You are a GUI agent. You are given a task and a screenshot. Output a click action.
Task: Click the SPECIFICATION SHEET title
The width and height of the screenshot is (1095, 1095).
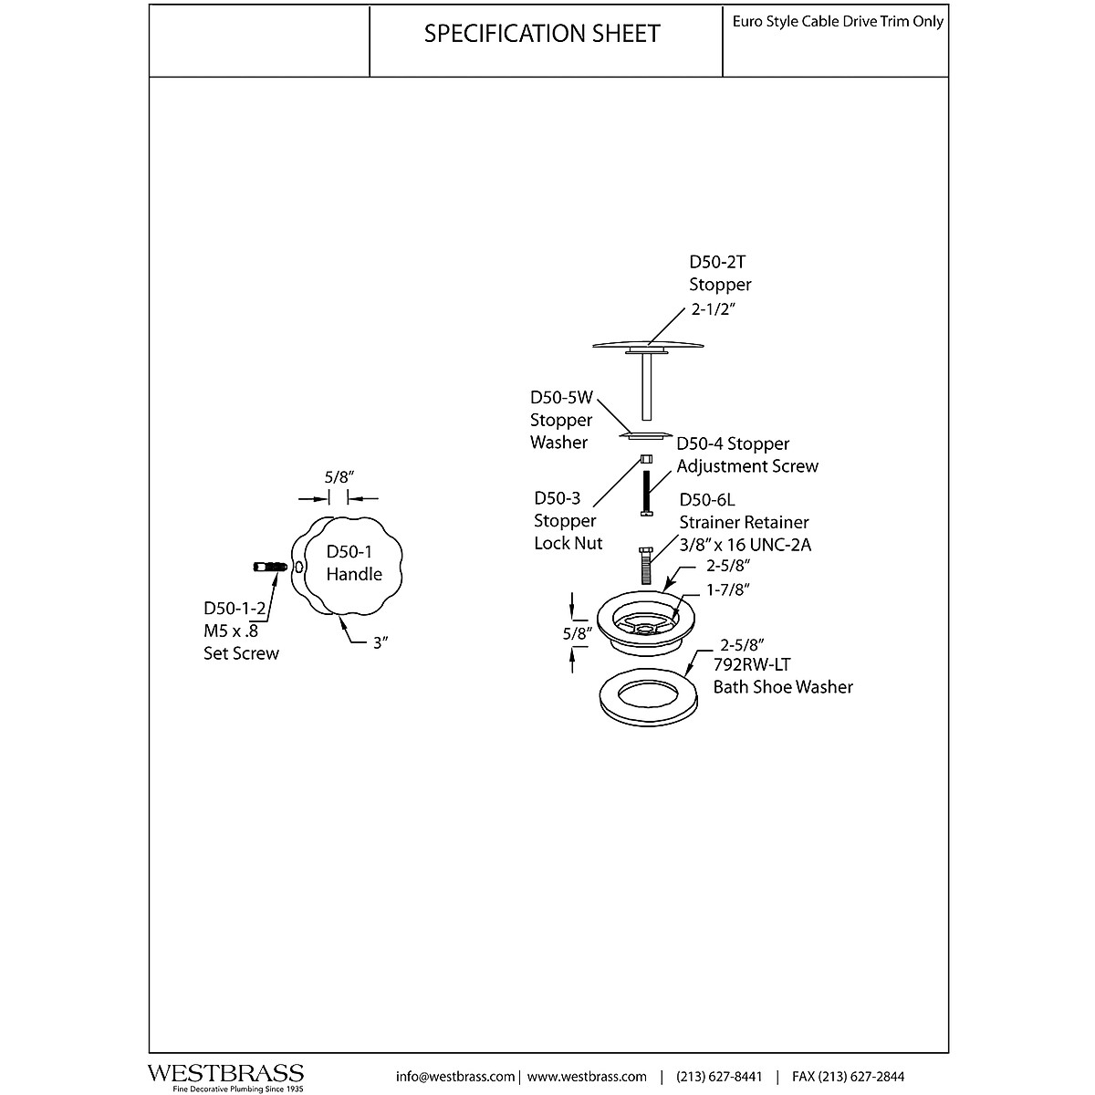542,35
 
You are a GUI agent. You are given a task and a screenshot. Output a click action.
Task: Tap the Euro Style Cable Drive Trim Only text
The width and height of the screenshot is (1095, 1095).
838,22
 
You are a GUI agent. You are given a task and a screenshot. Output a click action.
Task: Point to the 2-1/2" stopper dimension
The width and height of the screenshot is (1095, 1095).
713,309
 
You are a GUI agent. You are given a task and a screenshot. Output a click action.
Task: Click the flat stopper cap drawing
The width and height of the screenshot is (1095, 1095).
649,344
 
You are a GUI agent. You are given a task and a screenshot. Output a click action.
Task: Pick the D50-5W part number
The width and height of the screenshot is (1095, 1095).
562,398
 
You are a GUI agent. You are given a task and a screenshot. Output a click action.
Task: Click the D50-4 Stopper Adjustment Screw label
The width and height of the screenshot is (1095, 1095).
747,454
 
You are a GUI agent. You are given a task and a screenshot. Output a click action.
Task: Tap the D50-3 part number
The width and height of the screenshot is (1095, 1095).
558,498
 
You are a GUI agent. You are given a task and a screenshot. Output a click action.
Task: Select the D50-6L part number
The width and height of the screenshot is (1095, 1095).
707,500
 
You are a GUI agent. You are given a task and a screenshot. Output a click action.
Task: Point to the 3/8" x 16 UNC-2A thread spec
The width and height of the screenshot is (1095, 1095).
745,545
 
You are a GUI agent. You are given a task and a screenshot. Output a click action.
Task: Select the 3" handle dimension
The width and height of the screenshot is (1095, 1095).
381,642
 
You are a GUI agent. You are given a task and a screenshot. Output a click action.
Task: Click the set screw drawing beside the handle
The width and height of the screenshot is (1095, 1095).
271,568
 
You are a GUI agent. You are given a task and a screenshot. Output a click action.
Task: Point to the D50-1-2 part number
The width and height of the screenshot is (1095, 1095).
234,609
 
